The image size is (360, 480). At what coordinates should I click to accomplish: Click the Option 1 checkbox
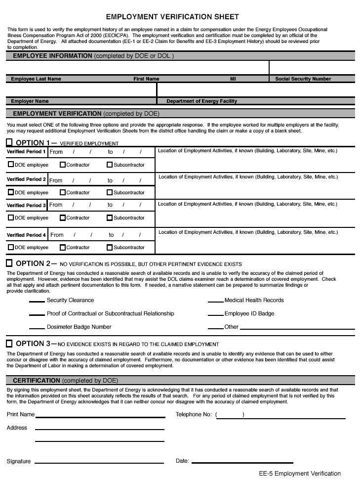tap(9, 143)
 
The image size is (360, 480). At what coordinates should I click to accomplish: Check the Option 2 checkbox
tap(9, 263)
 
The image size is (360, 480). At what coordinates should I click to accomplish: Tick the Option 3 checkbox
tap(9, 344)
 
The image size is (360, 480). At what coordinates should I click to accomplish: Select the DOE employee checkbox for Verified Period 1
tap(11, 165)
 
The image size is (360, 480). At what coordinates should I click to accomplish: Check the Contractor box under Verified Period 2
tap(63, 192)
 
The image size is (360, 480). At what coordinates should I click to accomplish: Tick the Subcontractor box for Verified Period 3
tap(110, 218)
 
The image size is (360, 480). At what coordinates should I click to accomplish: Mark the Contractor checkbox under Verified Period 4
tap(63, 247)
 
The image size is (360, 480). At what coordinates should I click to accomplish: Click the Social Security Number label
tap(303, 79)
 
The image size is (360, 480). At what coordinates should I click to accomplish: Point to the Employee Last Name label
tap(36, 79)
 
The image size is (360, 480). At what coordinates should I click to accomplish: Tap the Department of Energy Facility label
tap(201, 101)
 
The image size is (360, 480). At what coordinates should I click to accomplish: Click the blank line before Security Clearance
tap(37, 301)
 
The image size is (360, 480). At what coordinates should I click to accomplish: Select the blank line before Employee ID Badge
tap(215, 314)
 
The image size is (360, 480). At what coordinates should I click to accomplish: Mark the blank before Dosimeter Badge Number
tap(37, 328)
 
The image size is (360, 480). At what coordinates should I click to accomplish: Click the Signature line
tap(99, 463)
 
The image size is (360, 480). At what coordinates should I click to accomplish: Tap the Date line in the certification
tap(242, 463)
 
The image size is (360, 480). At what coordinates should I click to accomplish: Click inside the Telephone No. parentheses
tap(230, 415)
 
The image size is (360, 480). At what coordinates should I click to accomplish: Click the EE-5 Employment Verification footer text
tap(300, 473)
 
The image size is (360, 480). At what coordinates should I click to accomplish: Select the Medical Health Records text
tap(254, 300)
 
